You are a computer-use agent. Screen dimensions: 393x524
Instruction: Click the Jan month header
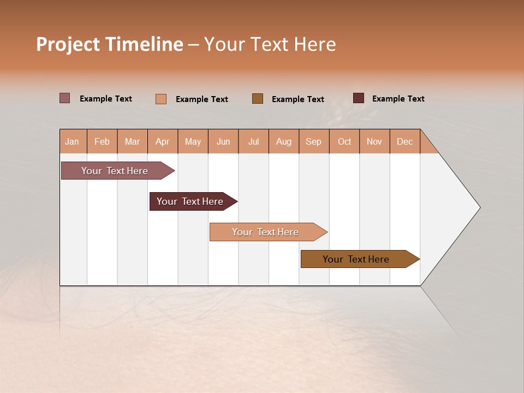(x=73, y=141)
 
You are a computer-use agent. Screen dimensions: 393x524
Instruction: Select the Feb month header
(x=102, y=141)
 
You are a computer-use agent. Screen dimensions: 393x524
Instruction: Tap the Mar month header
(x=132, y=141)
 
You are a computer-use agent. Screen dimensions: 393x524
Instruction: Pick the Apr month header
(x=163, y=141)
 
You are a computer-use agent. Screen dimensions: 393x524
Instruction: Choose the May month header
(x=193, y=141)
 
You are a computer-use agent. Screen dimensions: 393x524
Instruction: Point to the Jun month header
(x=223, y=141)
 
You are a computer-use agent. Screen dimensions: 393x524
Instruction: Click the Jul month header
(x=253, y=141)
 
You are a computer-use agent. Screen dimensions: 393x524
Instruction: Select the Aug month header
(x=284, y=141)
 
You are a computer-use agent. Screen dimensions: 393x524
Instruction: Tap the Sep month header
(x=314, y=141)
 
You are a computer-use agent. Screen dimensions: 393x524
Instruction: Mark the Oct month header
(x=344, y=141)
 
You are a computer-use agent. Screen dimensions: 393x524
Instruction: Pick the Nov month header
(x=374, y=141)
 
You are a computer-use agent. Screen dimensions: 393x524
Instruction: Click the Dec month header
(x=404, y=141)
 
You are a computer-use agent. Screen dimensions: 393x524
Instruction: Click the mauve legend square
(x=65, y=98)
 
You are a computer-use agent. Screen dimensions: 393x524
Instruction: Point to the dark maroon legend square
(x=359, y=98)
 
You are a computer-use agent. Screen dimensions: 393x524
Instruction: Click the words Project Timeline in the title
(x=110, y=44)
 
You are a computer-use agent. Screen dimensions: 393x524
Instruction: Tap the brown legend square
(x=258, y=99)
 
